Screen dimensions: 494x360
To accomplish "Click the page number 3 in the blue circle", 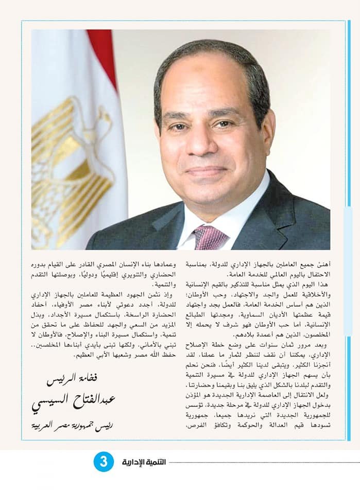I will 103,462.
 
